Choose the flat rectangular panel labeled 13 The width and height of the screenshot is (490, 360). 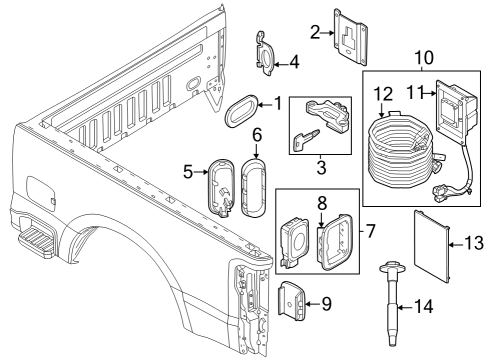(x=434, y=242)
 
